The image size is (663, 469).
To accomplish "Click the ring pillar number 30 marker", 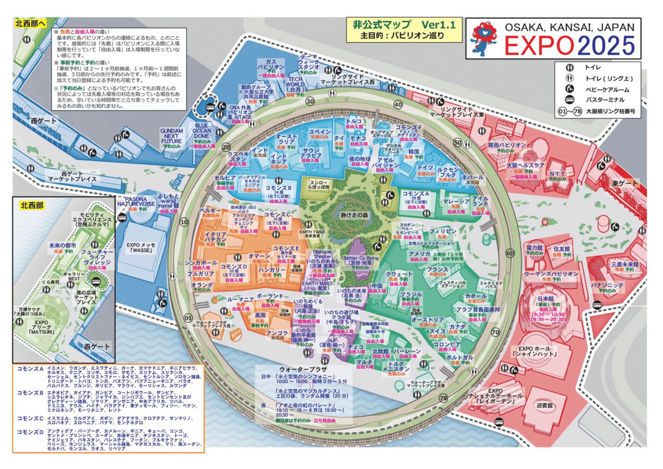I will tap(311, 101).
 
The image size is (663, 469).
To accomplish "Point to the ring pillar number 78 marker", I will tap(443, 398).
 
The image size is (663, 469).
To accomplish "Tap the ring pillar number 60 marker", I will tap(509, 253).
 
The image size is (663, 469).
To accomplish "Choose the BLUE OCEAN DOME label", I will tap(207, 129).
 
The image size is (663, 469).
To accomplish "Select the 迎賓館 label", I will tap(547, 405).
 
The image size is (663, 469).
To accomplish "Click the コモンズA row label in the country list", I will tap(30, 368).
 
